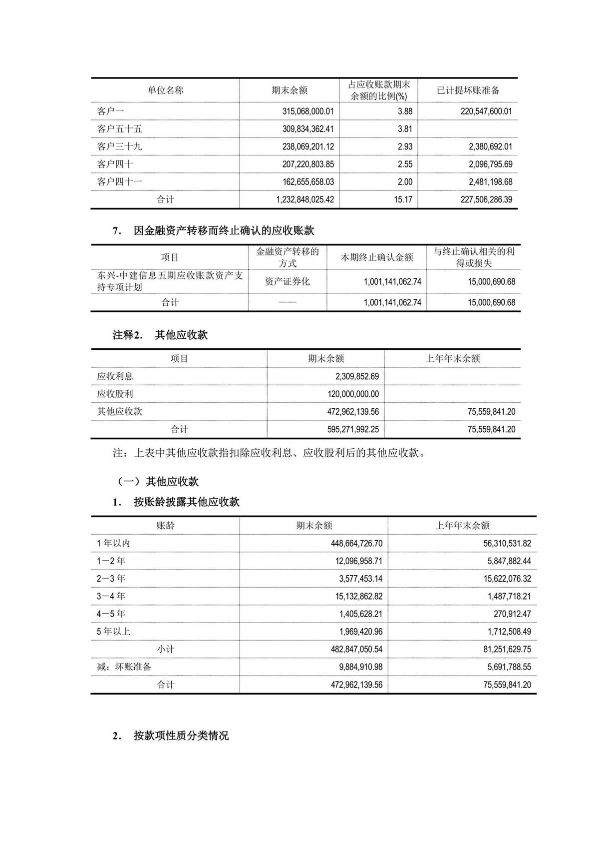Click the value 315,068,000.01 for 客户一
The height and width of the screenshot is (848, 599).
pyautogui.click(x=308, y=111)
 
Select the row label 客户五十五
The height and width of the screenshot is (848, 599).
pyautogui.click(x=119, y=129)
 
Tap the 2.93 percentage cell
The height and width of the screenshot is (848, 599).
pyautogui.click(x=405, y=146)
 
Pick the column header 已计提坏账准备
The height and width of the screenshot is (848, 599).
pyautogui.click(x=468, y=90)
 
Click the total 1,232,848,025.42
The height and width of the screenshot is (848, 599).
pyautogui.click(x=304, y=199)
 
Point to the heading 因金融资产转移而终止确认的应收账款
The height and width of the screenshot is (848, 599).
pyautogui.click(x=224, y=231)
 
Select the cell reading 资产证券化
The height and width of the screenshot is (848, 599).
pyautogui.click(x=287, y=282)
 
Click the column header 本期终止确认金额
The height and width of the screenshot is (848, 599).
pyautogui.click(x=377, y=257)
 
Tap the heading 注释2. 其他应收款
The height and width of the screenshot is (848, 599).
pyautogui.click(x=160, y=335)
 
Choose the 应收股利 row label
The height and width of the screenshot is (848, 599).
pyautogui.click(x=115, y=394)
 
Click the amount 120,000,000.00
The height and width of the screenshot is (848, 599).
pyautogui.click(x=353, y=394)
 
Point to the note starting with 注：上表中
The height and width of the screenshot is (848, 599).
pyautogui.click(x=269, y=453)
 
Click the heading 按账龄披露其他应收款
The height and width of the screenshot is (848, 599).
pyautogui.click(x=186, y=502)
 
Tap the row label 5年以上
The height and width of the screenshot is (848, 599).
pyautogui.click(x=113, y=632)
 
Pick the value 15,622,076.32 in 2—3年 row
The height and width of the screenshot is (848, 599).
pyautogui.click(x=507, y=579)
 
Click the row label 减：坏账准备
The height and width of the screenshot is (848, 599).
pyautogui.click(x=124, y=667)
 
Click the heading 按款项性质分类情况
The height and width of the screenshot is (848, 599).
pyautogui.click(x=181, y=736)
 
